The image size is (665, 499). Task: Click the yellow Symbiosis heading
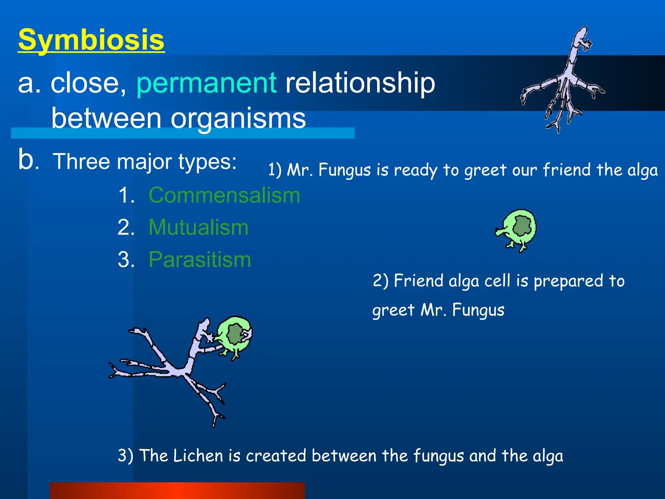coord(91,40)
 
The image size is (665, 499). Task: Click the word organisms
coord(238,118)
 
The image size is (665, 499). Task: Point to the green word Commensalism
coord(224,196)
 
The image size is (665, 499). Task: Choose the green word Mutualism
coord(198,227)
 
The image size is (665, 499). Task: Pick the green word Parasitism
coord(200,260)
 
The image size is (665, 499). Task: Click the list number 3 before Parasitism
coord(126,260)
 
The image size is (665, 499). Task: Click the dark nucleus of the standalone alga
coord(522,225)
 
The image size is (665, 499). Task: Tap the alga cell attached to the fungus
coord(235,336)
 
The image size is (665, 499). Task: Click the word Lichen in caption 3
coord(198,455)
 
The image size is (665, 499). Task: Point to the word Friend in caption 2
coord(418,281)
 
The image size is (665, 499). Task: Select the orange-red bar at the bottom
coord(177,491)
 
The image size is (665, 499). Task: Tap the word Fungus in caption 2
coord(478,310)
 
